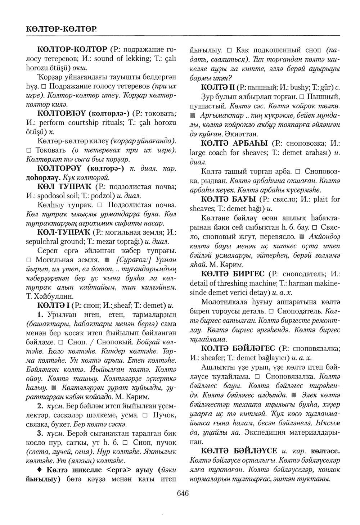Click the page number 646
coord(183,494)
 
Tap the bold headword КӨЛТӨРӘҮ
coord(61,168)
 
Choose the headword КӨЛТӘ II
coord(216,87)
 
